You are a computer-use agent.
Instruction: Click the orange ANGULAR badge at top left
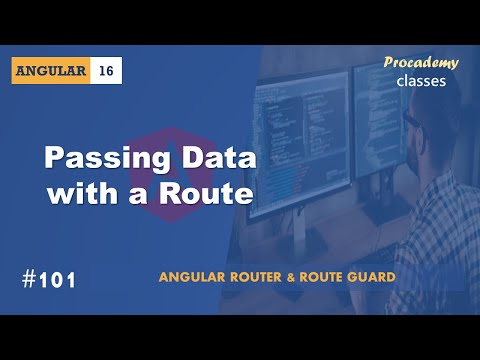(53, 71)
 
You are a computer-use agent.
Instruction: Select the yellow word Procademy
(421, 63)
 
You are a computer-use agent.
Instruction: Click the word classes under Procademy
(421, 81)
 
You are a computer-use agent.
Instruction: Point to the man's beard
(425, 150)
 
